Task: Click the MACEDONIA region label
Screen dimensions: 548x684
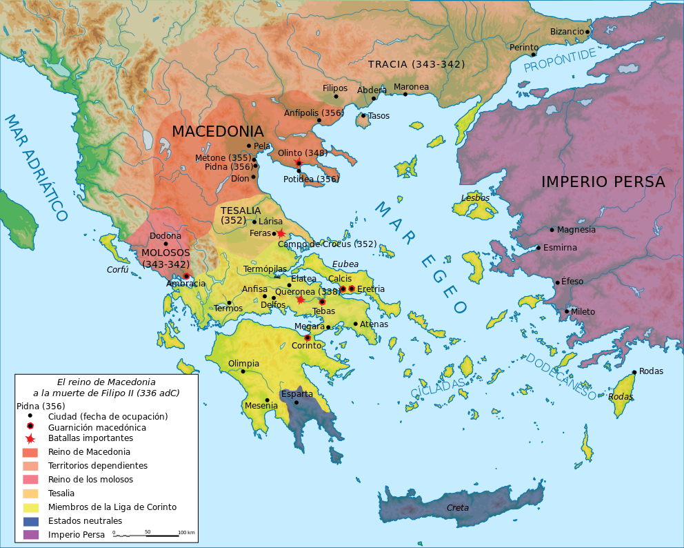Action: [217, 131]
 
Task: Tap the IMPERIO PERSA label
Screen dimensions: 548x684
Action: [603, 182]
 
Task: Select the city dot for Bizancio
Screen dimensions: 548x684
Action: [587, 32]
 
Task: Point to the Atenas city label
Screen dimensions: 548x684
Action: [374, 324]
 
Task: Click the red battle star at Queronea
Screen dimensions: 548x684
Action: [300, 300]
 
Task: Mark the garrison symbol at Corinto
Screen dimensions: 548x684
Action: [308, 337]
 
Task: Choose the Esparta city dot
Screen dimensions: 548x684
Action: [296, 402]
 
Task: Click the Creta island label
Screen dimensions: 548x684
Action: [458, 508]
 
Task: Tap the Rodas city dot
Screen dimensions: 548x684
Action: [634, 372]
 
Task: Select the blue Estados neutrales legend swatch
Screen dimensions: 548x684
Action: [30, 521]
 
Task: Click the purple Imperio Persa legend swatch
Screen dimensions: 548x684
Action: [30, 534]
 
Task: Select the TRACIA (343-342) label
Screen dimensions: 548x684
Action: [416, 64]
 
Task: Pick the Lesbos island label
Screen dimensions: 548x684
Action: [475, 198]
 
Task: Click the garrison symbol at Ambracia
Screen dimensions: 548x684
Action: [186, 276]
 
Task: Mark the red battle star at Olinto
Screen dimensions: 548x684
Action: [299, 163]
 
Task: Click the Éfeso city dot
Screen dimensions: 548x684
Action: [557, 282]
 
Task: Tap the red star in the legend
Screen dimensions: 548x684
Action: [30, 438]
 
